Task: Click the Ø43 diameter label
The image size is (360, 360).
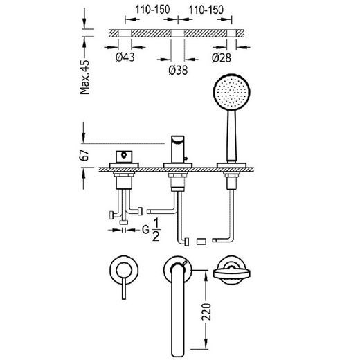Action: tap(125, 57)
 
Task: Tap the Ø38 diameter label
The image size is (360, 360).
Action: tap(178, 70)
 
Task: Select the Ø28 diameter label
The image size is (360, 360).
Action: tap(222, 57)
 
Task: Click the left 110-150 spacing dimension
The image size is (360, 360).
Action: tap(152, 10)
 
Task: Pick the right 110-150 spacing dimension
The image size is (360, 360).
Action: tap(206, 10)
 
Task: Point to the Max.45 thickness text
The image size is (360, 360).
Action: tap(84, 77)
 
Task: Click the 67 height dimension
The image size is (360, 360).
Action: tap(84, 155)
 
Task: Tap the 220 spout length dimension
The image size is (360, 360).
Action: tap(206, 312)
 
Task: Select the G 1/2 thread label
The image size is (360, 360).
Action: tap(151, 230)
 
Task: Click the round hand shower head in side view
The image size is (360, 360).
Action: tap(231, 92)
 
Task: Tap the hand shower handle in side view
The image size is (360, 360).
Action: tap(231, 136)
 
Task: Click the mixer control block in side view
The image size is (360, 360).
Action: tap(124, 156)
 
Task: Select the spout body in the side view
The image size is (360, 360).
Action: tap(178, 150)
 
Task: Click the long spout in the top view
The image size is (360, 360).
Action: tap(178, 310)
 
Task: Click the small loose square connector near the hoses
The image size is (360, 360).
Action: tap(200, 242)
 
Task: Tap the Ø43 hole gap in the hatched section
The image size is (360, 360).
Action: tap(125, 33)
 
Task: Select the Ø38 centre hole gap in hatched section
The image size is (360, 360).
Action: tap(178, 33)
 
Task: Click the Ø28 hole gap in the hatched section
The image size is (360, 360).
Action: tap(231, 33)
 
